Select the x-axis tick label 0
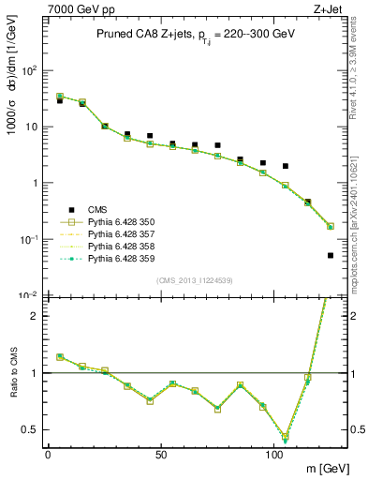click(x=48, y=453)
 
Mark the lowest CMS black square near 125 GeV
click(x=331, y=255)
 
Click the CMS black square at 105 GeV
click(x=286, y=166)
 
